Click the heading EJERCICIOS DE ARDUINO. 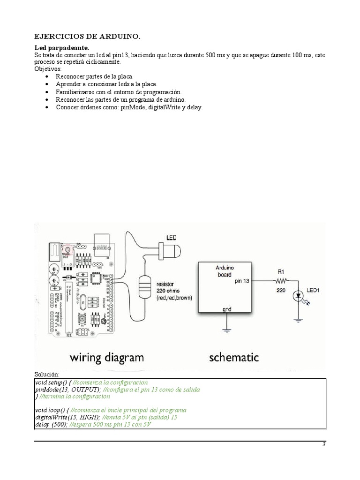click(x=87, y=37)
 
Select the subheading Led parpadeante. click(x=62, y=48)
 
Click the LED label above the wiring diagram click(x=172, y=238)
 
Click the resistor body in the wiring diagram click(x=144, y=286)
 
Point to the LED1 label click(x=313, y=290)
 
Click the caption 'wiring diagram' click(x=107, y=358)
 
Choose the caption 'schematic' click(x=234, y=357)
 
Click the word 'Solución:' click(x=47, y=375)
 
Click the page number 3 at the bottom click(x=323, y=445)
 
